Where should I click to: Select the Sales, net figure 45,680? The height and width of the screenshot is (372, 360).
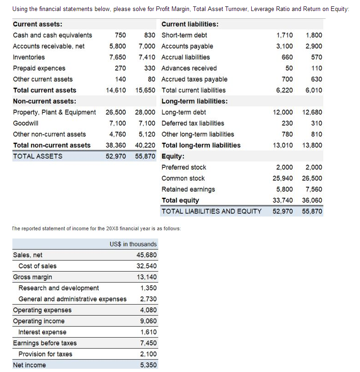147,255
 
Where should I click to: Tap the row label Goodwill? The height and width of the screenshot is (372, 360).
26,123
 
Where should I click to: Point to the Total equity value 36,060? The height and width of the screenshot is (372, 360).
312,200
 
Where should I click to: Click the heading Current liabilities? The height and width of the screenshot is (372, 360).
190,24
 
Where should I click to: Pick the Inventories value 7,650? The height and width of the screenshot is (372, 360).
117,57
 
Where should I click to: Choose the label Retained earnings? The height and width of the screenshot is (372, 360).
188,189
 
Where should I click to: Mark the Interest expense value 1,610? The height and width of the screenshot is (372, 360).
149,332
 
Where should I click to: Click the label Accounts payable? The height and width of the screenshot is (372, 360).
187,46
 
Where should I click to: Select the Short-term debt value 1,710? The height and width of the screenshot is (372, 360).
284,35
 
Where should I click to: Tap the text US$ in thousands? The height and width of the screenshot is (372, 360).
133,244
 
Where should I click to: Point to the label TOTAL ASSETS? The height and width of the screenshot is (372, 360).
38,156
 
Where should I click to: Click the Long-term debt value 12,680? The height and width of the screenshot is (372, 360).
312,112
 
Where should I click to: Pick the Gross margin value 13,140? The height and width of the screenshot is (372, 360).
147,277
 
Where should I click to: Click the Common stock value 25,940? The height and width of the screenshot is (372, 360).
282,178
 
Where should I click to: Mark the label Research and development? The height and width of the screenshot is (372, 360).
58,288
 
